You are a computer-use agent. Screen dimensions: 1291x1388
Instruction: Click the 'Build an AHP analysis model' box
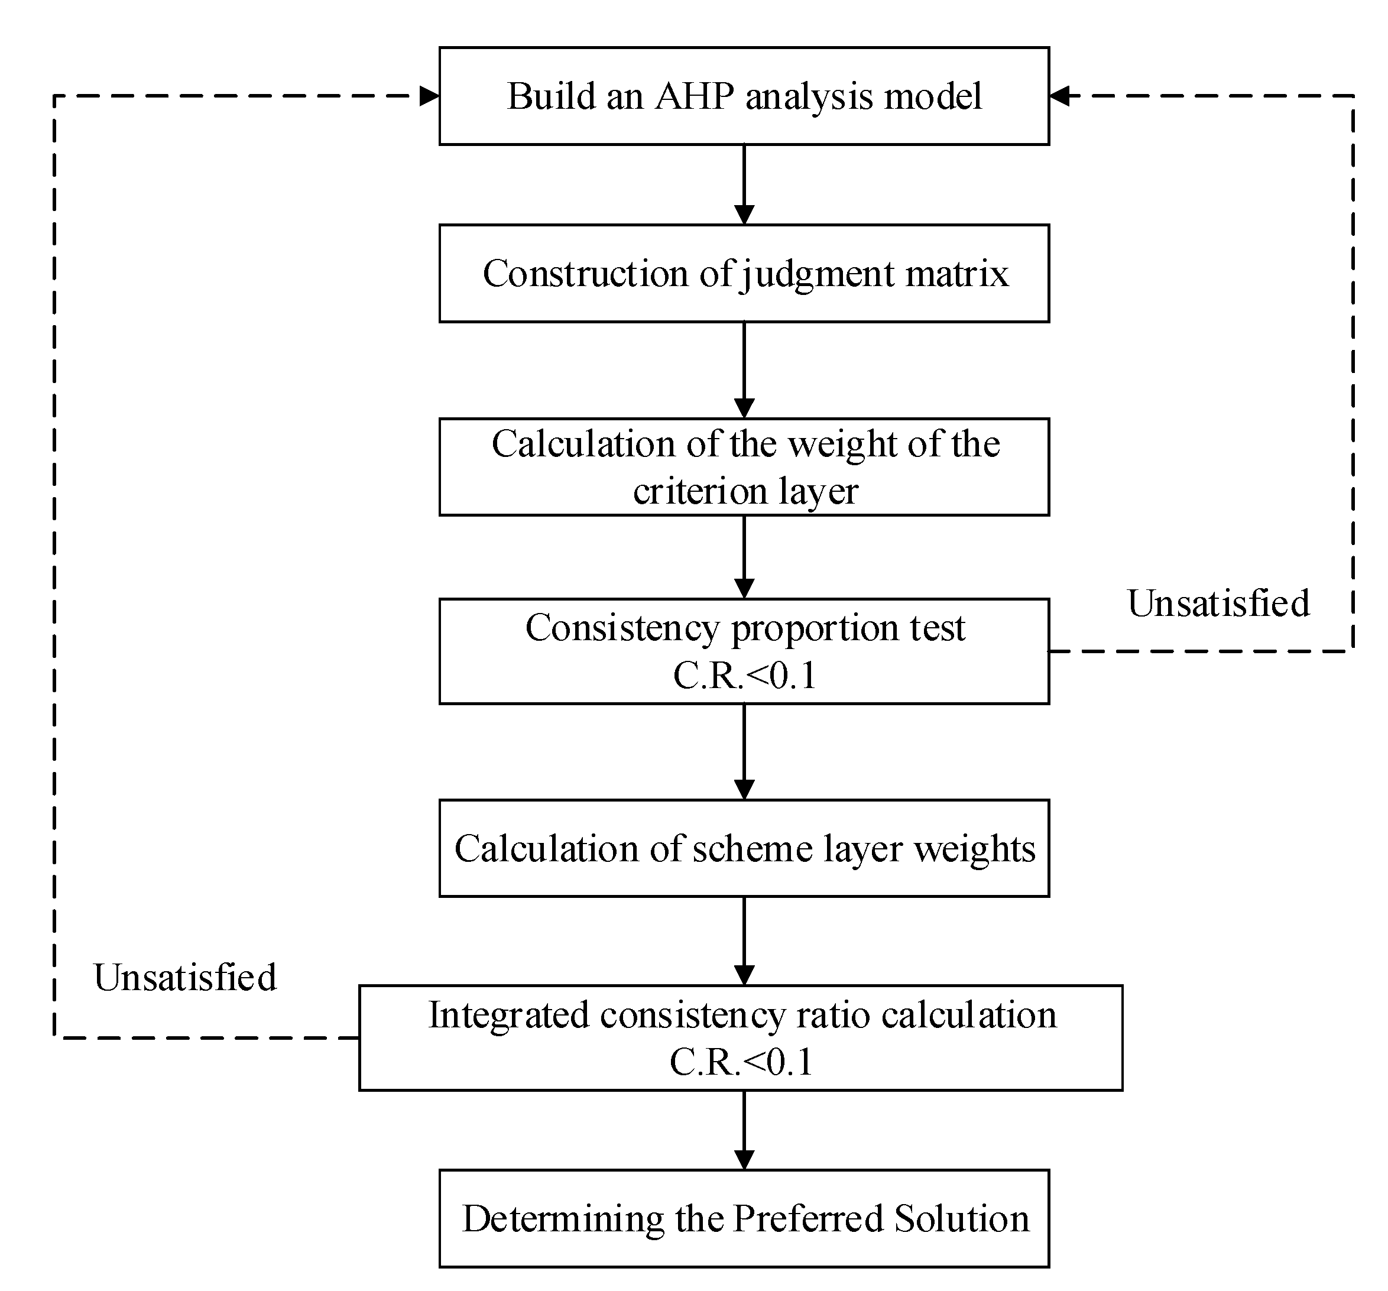pyautogui.click(x=744, y=96)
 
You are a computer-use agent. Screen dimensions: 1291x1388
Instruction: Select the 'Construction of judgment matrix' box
pyautogui.click(x=744, y=273)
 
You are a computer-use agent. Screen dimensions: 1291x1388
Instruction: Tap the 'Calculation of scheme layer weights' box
pyautogui.click(x=744, y=848)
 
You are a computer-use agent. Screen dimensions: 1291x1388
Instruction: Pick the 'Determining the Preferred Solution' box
pyautogui.click(x=744, y=1218)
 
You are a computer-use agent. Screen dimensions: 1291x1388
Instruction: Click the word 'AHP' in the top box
pyautogui.click(x=694, y=96)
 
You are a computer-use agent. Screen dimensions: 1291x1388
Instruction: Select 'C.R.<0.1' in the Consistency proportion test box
pyautogui.click(x=744, y=675)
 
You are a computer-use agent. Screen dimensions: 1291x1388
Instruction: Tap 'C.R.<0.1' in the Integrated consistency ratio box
pyautogui.click(x=741, y=1062)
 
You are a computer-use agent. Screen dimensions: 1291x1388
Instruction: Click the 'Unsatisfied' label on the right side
pyautogui.click(x=1218, y=604)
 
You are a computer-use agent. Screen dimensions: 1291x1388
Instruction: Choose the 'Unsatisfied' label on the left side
pyautogui.click(x=185, y=977)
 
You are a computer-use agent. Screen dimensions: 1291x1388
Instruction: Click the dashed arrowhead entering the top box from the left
pyautogui.click(x=429, y=96)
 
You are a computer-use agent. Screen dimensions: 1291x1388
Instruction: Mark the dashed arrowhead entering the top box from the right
pyautogui.click(x=1059, y=96)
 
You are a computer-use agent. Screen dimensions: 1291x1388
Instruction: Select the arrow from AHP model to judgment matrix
pyautogui.click(x=744, y=184)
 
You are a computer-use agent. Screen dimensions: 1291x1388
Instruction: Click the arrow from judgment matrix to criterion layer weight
pyautogui.click(x=744, y=370)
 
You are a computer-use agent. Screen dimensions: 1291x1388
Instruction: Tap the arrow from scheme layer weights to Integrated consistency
pyautogui.click(x=744, y=940)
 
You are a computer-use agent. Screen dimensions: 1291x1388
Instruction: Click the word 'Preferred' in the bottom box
pyautogui.click(x=809, y=1218)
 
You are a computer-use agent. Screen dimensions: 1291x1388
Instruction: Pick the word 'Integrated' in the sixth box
pyautogui.click(x=510, y=1014)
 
